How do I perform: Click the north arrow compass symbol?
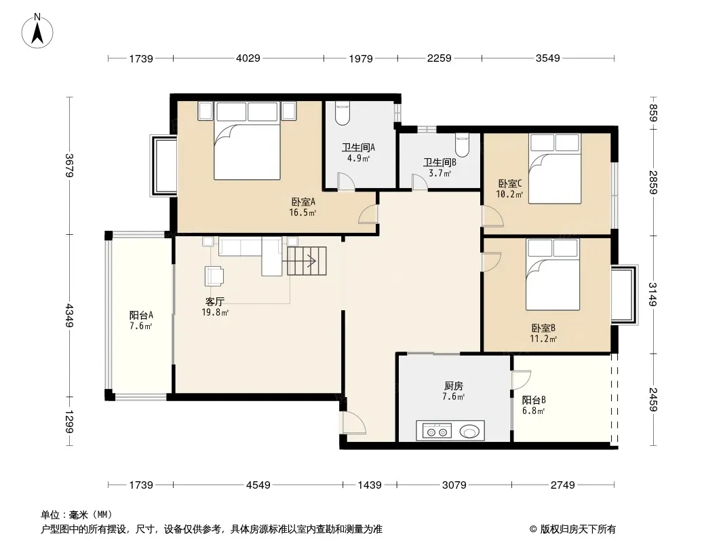[x=37, y=31]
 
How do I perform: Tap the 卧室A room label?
[x=303, y=202]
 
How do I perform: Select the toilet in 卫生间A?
[x=342, y=113]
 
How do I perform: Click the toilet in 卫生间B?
[x=462, y=145]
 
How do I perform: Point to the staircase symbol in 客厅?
[x=307, y=261]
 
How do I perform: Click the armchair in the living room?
[x=214, y=276]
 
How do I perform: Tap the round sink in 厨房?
[x=469, y=432]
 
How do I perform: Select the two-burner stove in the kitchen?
[x=437, y=432]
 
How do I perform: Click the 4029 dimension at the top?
[x=248, y=58]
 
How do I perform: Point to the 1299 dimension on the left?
[x=69, y=422]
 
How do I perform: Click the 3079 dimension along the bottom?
[x=454, y=485]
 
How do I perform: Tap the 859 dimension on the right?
[x=653, y=113]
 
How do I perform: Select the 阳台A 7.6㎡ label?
[x=140, y=320]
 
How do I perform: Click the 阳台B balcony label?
[x=534, y=400]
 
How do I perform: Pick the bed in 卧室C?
[x=554, y=168]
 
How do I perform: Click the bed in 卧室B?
[x=553, y=274]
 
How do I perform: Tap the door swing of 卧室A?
[x=368, y=214]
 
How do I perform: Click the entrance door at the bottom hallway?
[x=353, y=422]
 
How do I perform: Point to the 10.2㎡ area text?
[x=509, y=195]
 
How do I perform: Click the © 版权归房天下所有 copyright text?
[x=572, y=529]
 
